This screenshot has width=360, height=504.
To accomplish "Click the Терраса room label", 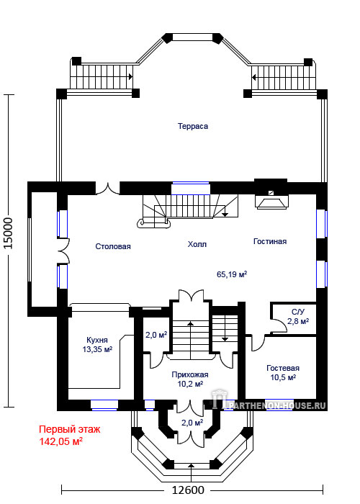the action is [193, 126].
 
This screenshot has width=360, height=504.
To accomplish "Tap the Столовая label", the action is [113, 246].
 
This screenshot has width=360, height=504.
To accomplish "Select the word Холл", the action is [197, 244].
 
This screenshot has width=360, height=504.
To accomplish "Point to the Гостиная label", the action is [270, 241].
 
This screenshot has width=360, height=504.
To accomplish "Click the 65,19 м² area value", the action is [232, 274].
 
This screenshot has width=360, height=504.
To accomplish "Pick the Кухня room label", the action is [97, 340].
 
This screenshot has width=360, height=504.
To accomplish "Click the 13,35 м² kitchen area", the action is [97, 349].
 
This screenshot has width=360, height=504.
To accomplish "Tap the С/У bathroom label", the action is [298, 312].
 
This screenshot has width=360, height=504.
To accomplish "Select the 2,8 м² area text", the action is [298, 321].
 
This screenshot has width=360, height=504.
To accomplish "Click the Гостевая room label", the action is [283, 369].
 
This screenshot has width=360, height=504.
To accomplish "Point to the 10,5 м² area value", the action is [283, 377].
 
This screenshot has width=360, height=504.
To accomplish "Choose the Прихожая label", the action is [190, 375].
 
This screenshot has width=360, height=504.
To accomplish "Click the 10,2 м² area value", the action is [190, 384].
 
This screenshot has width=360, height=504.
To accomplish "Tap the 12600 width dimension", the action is [188, 490].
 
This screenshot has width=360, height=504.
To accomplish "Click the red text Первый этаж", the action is [69, 429].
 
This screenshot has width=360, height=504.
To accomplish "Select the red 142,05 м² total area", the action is [60, 441].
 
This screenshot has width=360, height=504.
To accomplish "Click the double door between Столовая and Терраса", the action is [108, 189].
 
